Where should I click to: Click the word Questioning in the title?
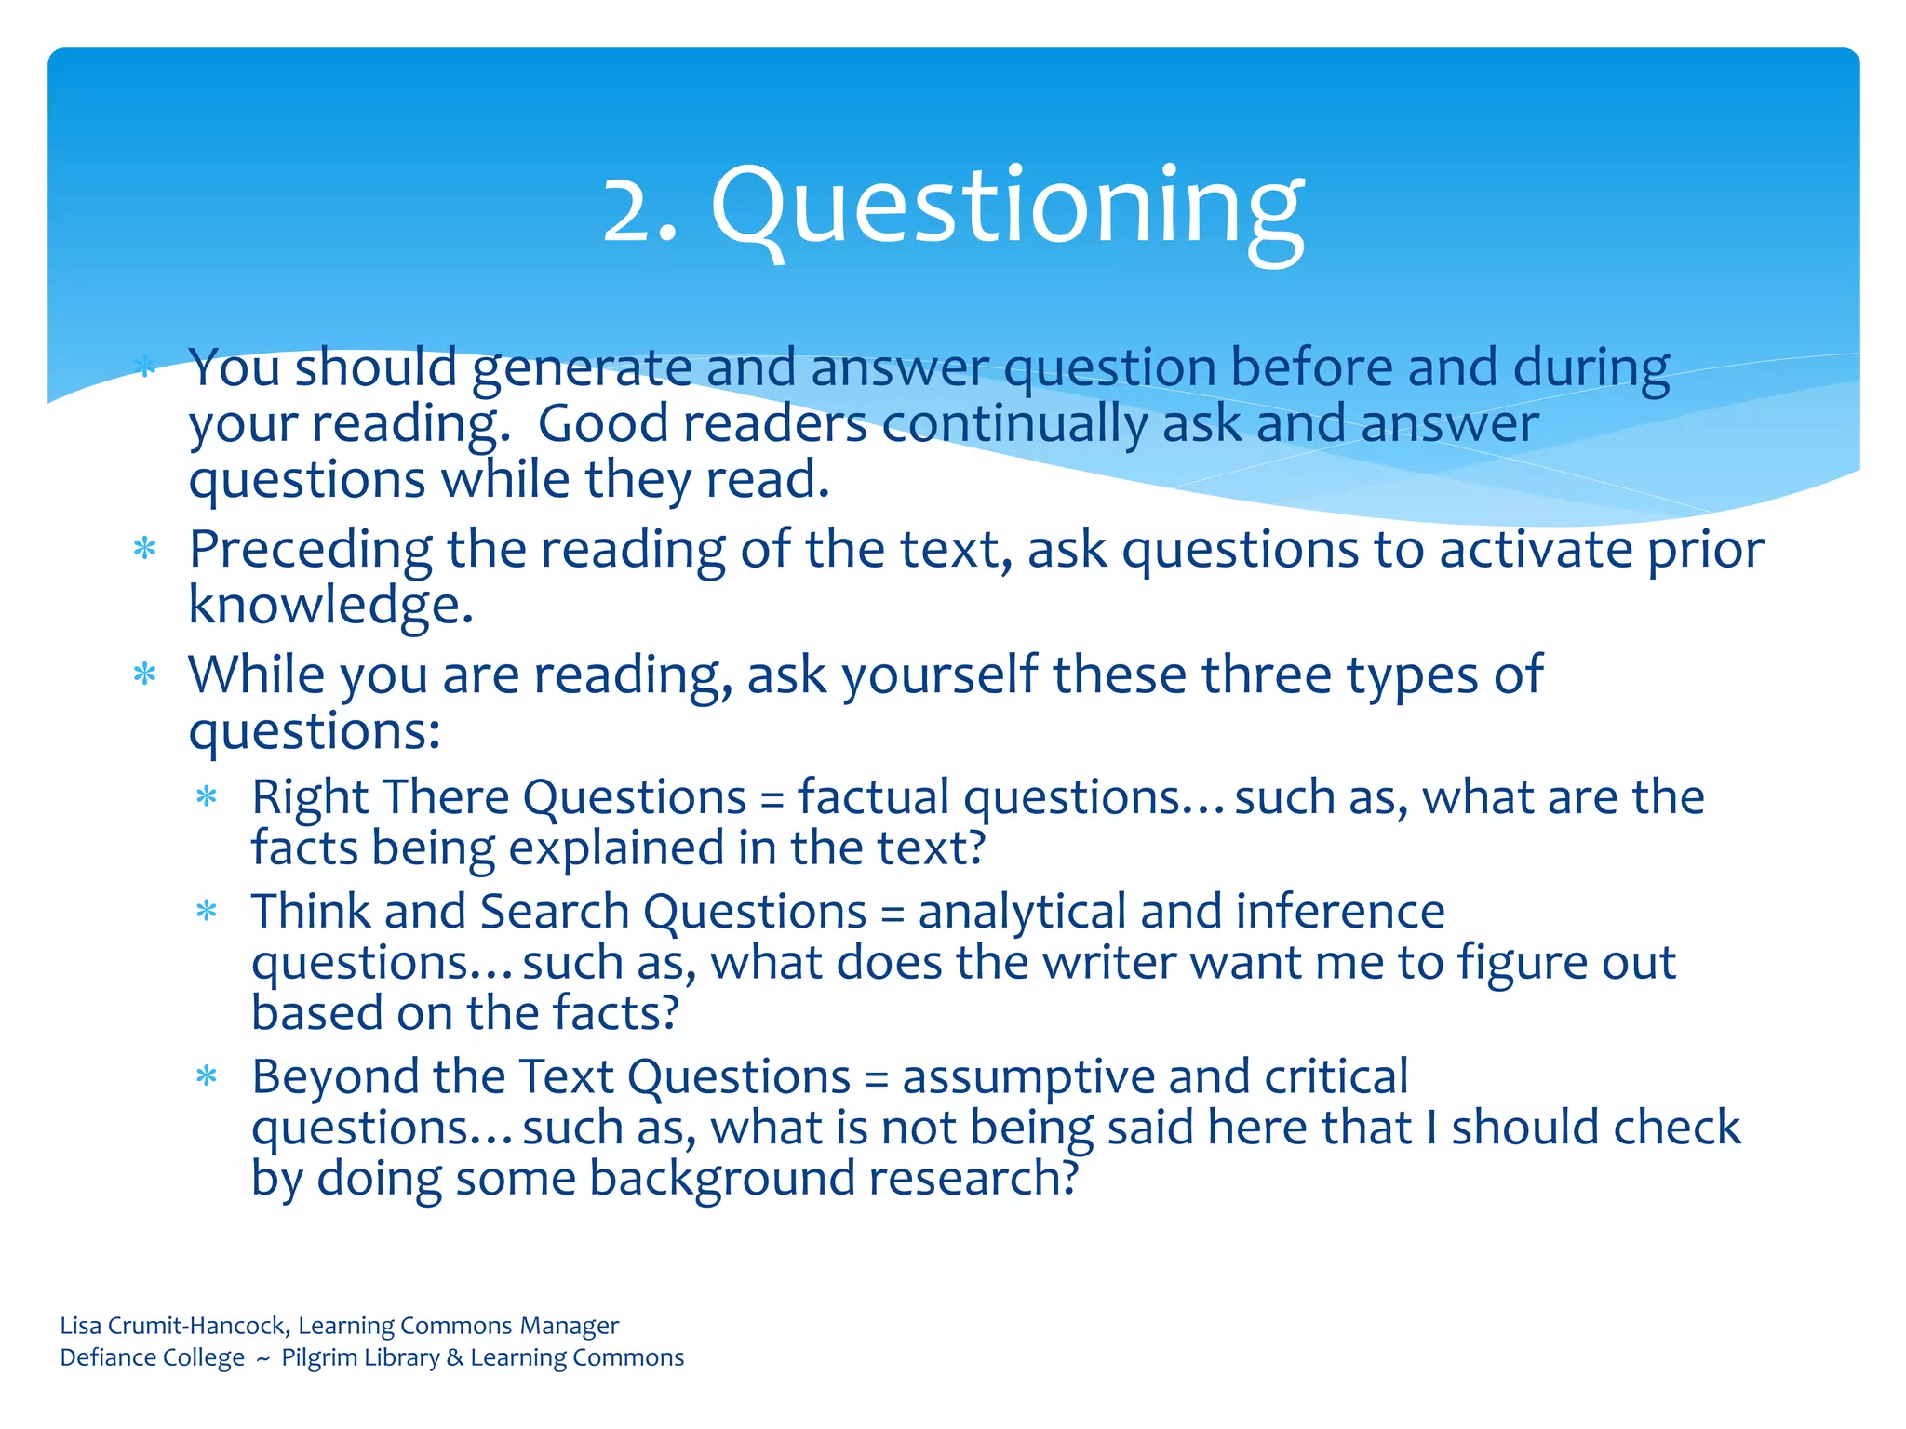(x=1007, y=207)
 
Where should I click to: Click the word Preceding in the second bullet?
(x=310, y=550)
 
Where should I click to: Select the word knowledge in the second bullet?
(x=330, y=606)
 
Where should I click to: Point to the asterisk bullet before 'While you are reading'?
(x=144, y=674)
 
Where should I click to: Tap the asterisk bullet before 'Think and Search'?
(x=207, y=911)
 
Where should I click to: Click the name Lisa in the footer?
(x=81, y=1325)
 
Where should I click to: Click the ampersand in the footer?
(x=454, y=1357)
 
